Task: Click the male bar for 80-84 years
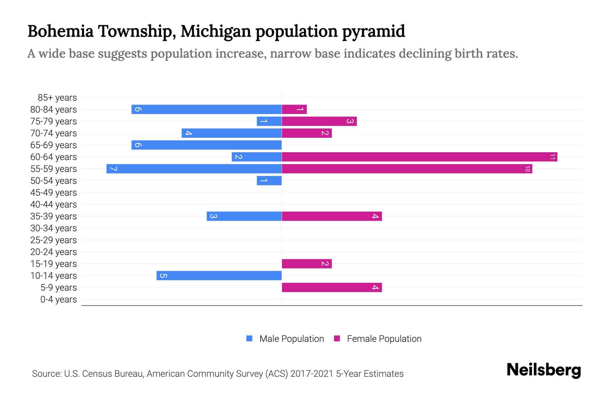click(x=207, y=109)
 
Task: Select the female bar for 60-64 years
click(x=420, y=157)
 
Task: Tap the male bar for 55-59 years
click(x=194, y=169)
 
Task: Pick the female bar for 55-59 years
click(x=407, y=169)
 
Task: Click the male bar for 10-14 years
click(x=219, y=275)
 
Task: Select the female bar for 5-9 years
click(x=332, y=287)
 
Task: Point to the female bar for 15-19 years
click(x=307, y=264)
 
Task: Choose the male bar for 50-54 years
click(x=269, y=180)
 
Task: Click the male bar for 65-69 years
click(x=207, y=145)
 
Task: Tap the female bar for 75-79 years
click(x=319, y=121)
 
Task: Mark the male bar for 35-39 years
click(x=244, y=216)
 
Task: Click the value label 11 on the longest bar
click(x=552, y=157)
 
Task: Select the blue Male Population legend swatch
click(x=249, y=338)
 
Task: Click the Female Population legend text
click(x=384, y=338)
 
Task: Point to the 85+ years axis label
click(x=57, y=98)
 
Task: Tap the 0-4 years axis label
click(x=59, y=299)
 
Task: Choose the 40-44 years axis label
click(x=54, y=205)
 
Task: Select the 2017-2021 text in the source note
click(x=312, y=374)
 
